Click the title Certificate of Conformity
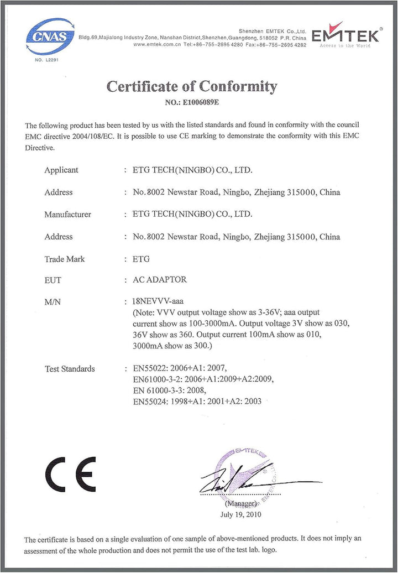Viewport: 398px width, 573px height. (191, 86)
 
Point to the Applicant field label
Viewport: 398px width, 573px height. (61, 170)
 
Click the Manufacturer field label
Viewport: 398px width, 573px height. (67, 214)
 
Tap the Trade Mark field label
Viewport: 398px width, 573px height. (65, 259)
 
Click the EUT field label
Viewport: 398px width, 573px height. (53, 280)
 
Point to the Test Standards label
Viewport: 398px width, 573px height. (70, 369)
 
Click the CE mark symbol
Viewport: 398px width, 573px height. (70, 474)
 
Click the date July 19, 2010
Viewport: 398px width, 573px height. (240, 514)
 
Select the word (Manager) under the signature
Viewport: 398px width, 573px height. (241, 504)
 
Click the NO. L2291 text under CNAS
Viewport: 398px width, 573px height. (47, 60)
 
